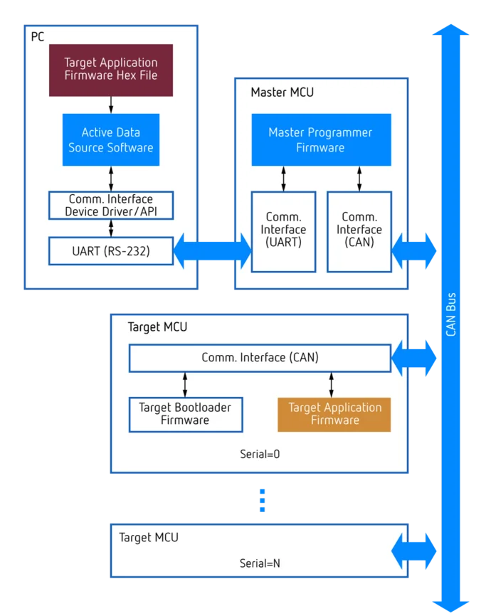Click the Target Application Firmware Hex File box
[110, 70]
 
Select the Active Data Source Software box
[110, 140]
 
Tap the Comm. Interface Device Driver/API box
[110, 206]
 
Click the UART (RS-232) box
[110, 250]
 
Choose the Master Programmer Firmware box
[320, 140]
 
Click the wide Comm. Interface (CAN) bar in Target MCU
[260, 358]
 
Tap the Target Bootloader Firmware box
[185, 414]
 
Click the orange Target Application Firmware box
[334, 414]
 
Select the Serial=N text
[260, 563]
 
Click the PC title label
[38, 36]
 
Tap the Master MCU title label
[282, 92]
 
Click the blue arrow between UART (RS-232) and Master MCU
[213, 250]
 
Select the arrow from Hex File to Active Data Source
[110, 105]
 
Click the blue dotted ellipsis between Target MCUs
[262, 498]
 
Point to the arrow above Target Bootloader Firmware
[185, 384]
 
